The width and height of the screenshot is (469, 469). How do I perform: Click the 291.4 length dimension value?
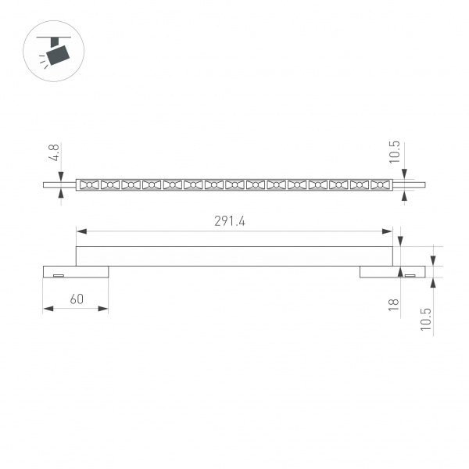(x=230, y=221)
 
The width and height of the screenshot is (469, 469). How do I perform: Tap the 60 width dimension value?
(x=77, y=299)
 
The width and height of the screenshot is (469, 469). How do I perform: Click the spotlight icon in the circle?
(x=55, y=52)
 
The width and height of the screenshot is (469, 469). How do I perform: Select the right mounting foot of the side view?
(x=390, y=272)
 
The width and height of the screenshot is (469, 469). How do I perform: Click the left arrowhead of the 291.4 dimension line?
(x=79, y=231)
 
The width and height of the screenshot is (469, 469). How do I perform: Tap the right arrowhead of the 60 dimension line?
(x=105, y=309)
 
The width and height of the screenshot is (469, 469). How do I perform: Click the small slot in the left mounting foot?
(x=58, y=275)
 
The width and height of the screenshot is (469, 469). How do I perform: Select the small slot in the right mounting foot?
(x=410, y=275)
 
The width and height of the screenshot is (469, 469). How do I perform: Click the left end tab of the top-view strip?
(x=59, y=185)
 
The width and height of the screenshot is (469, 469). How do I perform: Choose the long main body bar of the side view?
(x=234, y=256)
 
